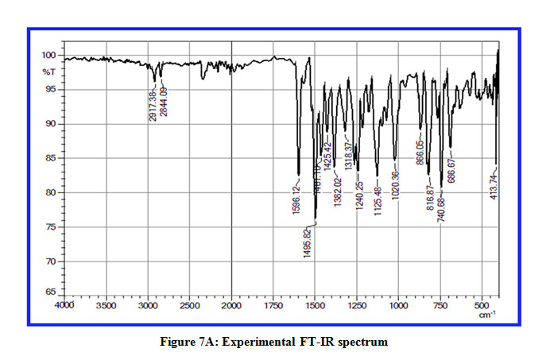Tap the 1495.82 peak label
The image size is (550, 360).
click(x=306, y=241)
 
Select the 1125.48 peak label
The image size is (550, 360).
click(x=378, y=199)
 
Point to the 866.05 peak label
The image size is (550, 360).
click(x=420, y=150)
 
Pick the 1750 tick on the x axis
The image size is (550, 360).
click(x=273, y=304)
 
